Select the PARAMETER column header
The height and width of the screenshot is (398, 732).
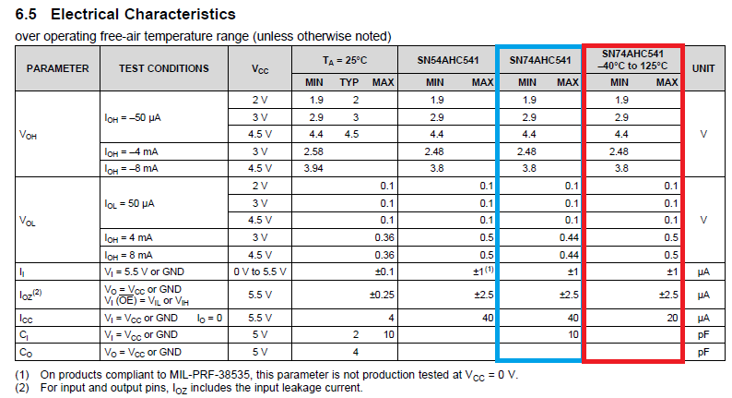pos(57,68)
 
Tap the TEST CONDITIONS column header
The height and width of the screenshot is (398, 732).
pos(163,68)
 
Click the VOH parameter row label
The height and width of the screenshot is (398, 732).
pos(29,135)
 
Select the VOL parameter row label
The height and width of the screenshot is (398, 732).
pos(29,221)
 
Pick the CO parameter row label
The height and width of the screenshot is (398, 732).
pos(25,352)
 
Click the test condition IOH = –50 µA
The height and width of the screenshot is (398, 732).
pos(136,118)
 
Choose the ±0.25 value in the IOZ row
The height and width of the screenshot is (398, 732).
pos(382,295)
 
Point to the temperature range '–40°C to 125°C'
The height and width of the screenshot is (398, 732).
pos(632,66)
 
